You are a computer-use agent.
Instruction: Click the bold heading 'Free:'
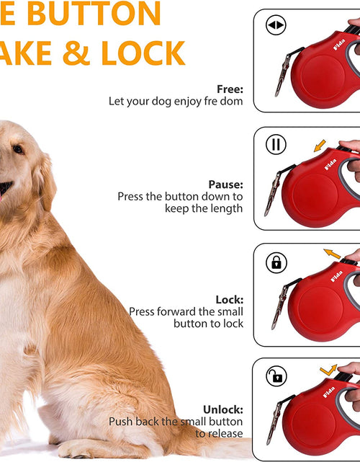click(229, 89)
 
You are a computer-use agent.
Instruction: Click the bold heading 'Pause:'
click(225, 185)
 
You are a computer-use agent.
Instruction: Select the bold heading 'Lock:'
click(229, 300)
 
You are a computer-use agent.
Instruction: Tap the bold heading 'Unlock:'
click(222, 409)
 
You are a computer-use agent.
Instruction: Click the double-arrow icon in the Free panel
click(276, 26)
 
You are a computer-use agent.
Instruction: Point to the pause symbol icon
click(276, 144)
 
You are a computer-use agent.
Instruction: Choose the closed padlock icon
click(276, 262)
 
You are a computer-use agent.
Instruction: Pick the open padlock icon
click(276, 376)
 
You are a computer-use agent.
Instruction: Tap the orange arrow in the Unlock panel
click(328, 370)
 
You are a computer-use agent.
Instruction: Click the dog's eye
click(17, 150)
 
